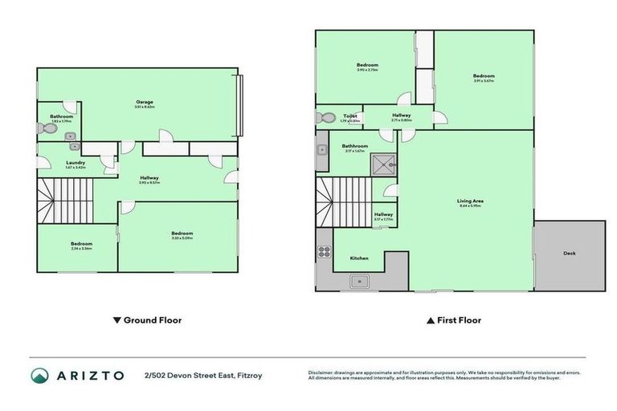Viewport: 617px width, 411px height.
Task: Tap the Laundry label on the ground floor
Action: click(76, 164)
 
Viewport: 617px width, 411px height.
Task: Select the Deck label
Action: click(569, 254)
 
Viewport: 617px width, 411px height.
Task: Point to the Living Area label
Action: click(470, 202)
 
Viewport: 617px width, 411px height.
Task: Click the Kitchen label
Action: click(359, 258)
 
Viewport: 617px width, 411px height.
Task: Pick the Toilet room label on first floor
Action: click(349, 117)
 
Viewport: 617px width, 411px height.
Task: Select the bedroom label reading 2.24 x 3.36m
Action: click(81, 245)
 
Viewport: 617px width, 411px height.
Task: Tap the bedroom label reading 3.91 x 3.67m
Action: click(484, 77)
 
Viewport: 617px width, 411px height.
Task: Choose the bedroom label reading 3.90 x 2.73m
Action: click(367, 66)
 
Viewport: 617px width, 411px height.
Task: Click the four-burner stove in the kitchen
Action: click(325, 250)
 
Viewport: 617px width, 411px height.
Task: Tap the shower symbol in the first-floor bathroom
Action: click(384, 164)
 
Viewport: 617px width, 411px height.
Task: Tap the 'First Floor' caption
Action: click(454, 320)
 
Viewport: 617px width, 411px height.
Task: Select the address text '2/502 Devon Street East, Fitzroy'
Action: click(202, 375)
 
